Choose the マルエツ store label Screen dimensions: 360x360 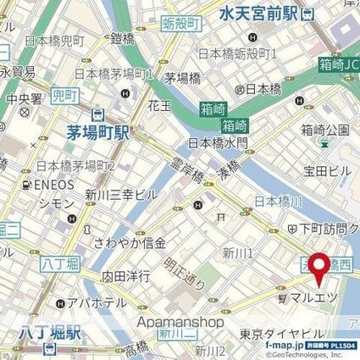313,298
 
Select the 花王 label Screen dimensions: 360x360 159,107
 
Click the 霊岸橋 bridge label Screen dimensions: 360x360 186,174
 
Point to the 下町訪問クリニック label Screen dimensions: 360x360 329,227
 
